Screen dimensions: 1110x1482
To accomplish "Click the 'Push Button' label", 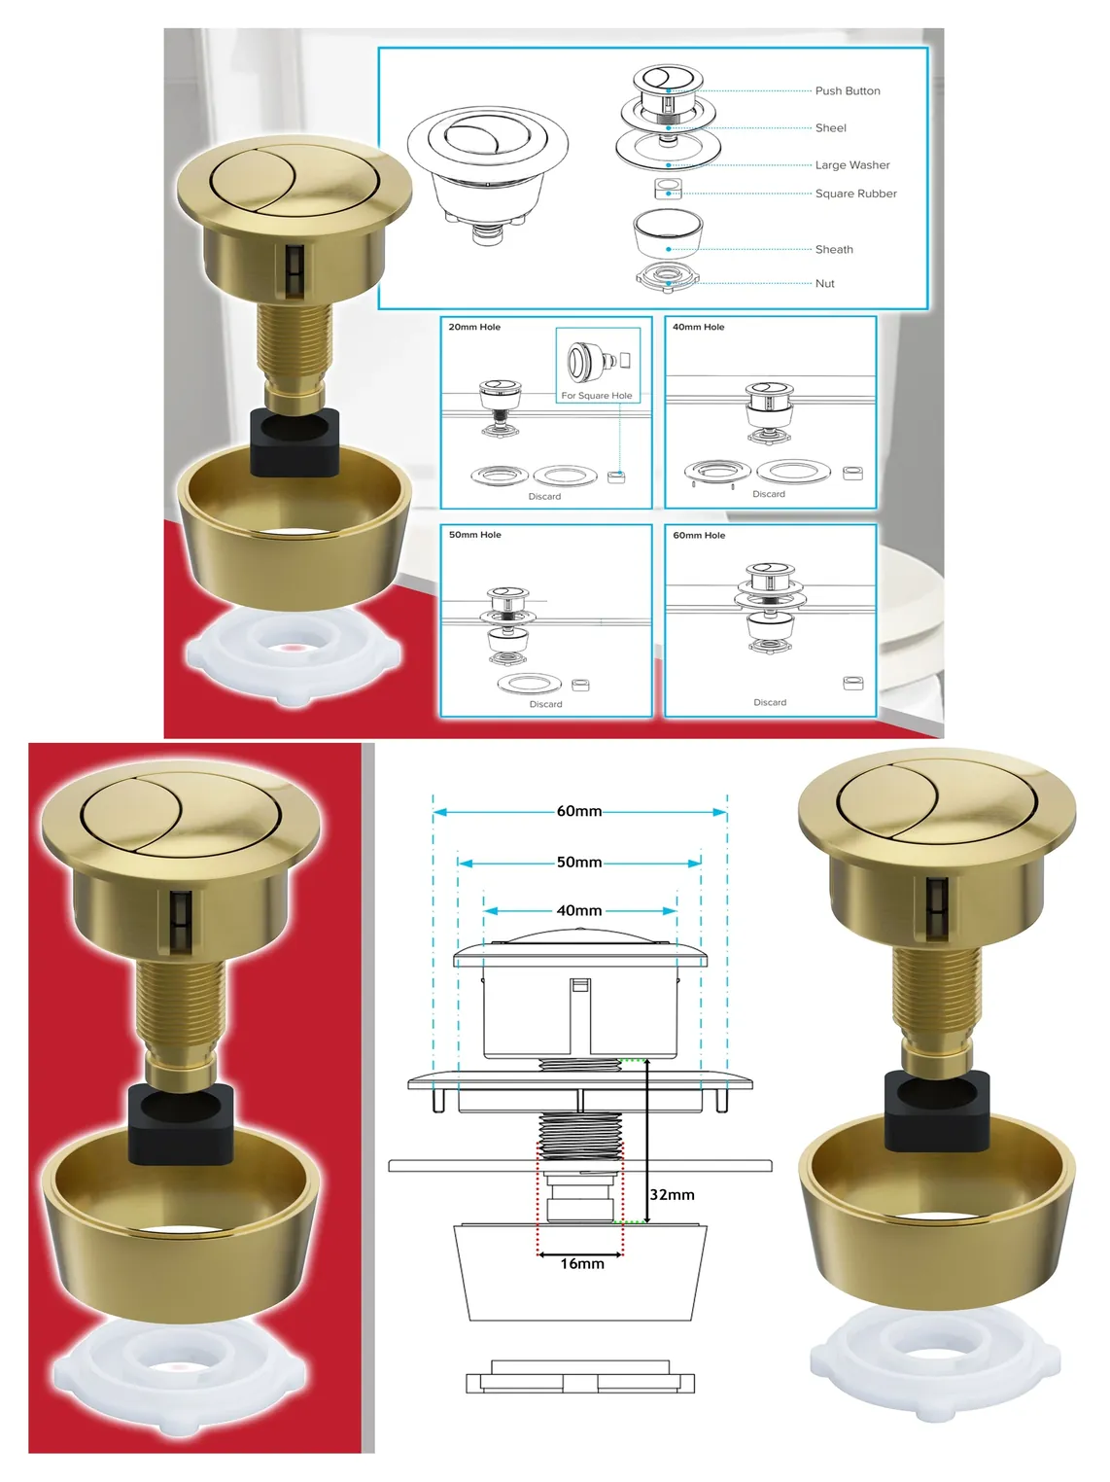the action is [847, 91].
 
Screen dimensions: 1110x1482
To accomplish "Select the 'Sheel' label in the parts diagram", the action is [830, 127].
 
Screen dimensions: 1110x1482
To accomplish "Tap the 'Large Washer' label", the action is [851, 164].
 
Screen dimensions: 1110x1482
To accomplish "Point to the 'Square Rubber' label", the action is [855, 194].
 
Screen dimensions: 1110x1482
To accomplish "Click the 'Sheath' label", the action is [833, 249].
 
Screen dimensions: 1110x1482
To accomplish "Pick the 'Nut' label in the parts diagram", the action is [824, 284].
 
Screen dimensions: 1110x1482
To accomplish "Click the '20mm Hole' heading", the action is [474, 327].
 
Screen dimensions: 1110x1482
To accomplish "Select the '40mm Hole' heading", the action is [699, 327].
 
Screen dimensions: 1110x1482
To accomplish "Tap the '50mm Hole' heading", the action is [475, 535].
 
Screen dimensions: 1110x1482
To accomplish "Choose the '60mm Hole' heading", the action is [699, 536].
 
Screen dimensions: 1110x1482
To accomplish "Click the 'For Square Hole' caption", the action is [597, 396].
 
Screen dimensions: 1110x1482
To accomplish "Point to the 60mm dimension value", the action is [579, 812].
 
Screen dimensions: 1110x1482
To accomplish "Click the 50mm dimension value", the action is [579, 863].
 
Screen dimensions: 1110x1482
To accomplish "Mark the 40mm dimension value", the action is [579, 911].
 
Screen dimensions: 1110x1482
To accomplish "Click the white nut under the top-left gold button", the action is [295, 654].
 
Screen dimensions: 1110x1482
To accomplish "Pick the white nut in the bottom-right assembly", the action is [935, 1362].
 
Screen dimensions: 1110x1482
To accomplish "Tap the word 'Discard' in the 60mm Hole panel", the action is [770, 702].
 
